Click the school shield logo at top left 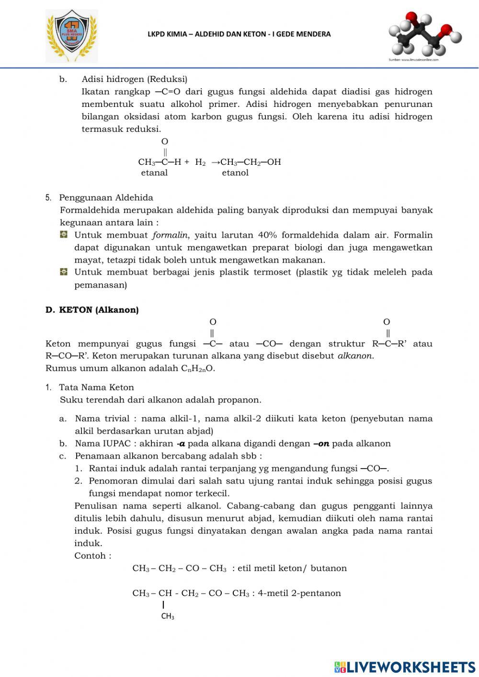(71, 36)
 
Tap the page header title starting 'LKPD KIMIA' (239, 34)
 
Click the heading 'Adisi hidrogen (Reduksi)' (135, 79)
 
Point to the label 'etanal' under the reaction (154, 173)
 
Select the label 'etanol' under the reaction (235, 173)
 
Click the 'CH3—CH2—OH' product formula (251, 162)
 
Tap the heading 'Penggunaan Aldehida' (106, 197)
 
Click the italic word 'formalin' (170, 235)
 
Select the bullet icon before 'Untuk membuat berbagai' (64, 272)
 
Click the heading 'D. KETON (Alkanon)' (92, 310)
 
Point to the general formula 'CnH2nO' (197, 368)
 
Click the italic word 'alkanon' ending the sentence (355, 356)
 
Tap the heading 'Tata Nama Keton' (96, 387)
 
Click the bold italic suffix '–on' (321, 444)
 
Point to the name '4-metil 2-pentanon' (299, 593)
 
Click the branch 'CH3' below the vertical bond (168, 616)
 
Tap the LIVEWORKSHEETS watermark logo (405, 667)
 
